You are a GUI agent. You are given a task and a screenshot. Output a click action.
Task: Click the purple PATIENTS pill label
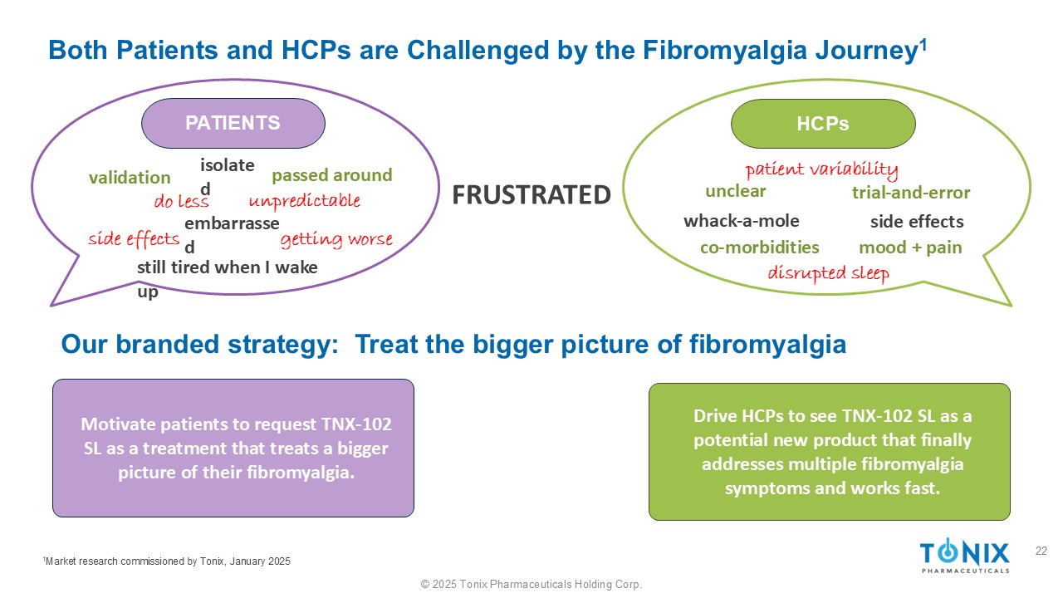233,124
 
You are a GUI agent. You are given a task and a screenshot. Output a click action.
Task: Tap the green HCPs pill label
823,124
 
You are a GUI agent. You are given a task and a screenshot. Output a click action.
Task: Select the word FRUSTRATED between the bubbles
531,195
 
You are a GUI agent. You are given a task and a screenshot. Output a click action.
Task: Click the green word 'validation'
130,178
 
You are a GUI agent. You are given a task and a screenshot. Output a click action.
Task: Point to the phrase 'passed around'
332,175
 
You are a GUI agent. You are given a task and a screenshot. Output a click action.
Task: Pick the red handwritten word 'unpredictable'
305,201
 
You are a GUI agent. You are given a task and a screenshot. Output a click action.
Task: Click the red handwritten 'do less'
181,201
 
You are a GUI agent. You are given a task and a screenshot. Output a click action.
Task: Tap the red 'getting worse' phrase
336,240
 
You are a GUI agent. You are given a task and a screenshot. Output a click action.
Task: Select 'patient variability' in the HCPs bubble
821,169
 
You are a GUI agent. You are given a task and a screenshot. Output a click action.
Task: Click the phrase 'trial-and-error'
911,193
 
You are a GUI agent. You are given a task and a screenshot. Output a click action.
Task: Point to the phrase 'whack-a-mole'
742,221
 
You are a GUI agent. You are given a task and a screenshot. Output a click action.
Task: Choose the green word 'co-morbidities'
760,248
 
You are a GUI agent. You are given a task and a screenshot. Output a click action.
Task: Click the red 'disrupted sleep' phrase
829,274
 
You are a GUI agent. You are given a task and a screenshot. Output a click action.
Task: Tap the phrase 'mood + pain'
910,248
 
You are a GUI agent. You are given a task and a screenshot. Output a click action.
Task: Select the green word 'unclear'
736,191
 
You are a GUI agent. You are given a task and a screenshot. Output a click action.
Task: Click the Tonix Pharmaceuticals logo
965,556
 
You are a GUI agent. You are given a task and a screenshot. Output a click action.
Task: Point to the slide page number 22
1041,551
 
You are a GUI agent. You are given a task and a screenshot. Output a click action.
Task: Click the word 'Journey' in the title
866,51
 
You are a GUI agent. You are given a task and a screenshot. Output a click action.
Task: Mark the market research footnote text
167,561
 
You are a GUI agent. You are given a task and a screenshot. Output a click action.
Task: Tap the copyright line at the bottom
531,584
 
